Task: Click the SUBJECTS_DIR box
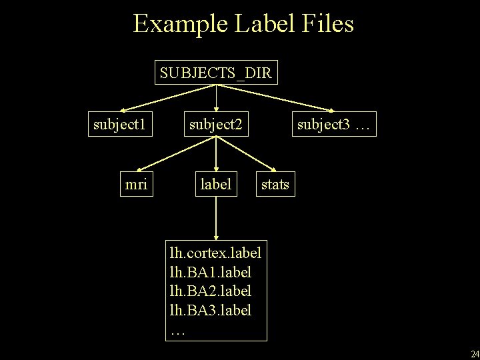[x=215, y=73]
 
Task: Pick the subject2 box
[x=216, y=124]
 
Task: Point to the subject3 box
[x=334, y=124]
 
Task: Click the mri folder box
[x=136, y=184]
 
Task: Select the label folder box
[x=215, y=184]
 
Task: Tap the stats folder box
[x=275, y=184]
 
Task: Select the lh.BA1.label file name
[x=211, y=273]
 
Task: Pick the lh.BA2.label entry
[x=211, y=291]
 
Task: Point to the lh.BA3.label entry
[x=211, y=310]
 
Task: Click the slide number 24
[x=474, y=353]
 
